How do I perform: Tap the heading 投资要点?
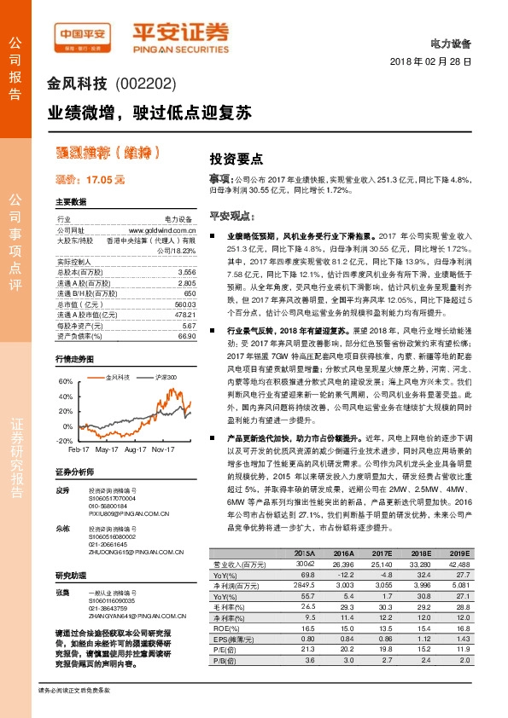point(236,159)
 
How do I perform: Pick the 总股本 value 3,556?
point(187,270)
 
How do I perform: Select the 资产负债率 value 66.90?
point(187,337)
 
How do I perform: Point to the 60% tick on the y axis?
point(67,382)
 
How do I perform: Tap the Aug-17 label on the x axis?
point(135,449)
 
